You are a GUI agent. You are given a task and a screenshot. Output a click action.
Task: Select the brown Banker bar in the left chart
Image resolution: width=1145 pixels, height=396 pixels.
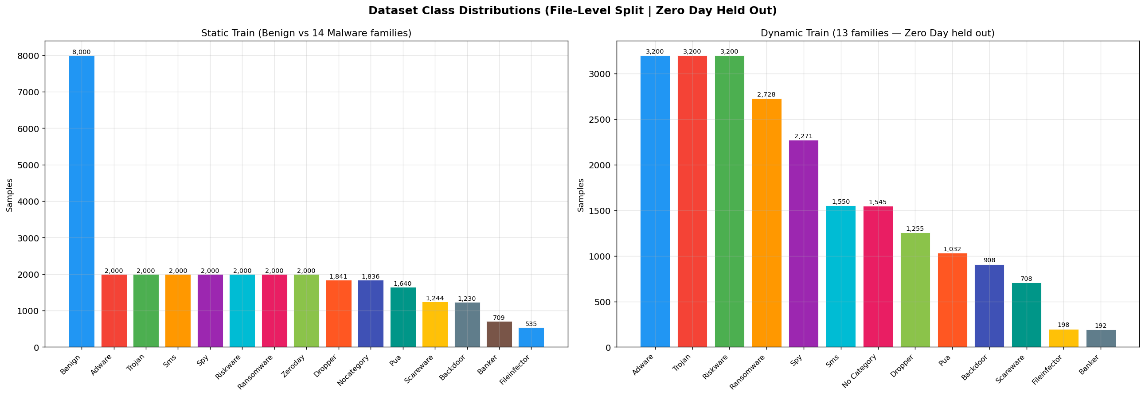coord(499,334)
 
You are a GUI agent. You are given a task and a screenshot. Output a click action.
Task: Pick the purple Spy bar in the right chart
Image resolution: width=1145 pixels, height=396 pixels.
coord(803,244)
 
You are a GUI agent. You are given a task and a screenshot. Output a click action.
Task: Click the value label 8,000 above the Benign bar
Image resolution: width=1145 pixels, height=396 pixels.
coord(81,52)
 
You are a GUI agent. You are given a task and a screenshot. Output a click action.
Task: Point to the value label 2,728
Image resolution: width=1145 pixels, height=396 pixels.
coord(766,94)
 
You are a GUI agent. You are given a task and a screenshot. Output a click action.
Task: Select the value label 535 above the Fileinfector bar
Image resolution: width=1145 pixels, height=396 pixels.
coord(531,324)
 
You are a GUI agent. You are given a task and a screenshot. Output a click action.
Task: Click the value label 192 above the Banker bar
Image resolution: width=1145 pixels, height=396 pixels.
coord(1101,326)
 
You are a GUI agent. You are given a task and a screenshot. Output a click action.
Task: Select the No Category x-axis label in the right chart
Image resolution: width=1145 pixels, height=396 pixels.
coord(860,371)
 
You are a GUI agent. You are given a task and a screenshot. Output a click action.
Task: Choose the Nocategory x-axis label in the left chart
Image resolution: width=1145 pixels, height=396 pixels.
coord(354,370)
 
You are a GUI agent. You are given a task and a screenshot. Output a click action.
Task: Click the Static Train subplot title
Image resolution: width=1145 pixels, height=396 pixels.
coord(306,33)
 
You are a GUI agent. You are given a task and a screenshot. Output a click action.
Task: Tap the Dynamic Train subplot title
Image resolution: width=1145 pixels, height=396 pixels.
coord(877,33)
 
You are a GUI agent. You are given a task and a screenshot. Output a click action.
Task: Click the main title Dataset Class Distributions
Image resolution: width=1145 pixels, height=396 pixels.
coord(573,11)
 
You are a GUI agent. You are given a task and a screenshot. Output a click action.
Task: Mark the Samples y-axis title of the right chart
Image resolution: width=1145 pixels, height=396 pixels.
coord(581,195)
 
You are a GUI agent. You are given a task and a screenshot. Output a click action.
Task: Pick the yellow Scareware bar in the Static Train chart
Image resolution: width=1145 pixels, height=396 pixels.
coord(435,325)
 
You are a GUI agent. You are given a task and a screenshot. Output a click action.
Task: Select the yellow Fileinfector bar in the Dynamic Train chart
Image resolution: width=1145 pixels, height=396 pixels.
coord(1063,338)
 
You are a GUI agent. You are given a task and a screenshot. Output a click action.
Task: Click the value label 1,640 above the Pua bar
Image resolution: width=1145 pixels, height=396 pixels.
coord(403,283)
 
